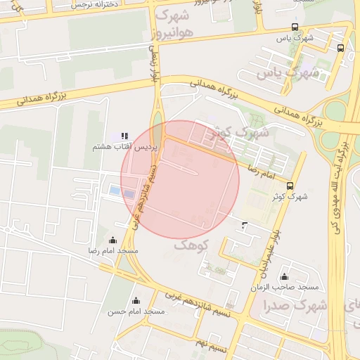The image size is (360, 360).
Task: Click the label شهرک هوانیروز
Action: pos(173,24)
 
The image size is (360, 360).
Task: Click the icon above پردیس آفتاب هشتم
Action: pos(124,136)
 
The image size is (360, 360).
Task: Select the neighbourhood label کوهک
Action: pos(191,245)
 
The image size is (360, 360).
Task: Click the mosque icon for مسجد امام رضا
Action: pos(113,240)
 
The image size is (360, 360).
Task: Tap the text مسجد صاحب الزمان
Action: pos(288,288)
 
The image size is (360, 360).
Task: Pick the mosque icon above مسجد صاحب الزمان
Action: pos(284,277)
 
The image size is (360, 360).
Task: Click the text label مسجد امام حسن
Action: pos(136,311)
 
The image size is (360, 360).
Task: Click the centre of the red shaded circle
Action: pos(180,179)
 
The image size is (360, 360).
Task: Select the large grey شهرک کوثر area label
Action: pos(243,134)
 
